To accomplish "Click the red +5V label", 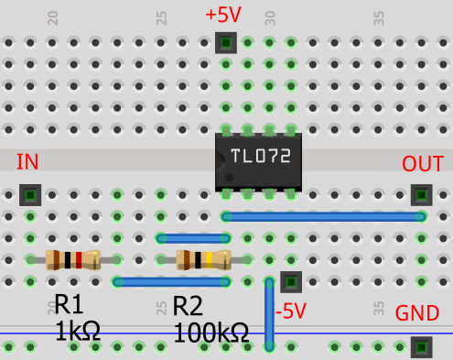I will (223, 16).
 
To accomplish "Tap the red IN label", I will (27, 162).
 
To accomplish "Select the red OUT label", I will (422, 164).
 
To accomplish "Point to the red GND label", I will (416, 313).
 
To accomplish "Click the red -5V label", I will (291, 310).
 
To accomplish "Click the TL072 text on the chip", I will (260, 156).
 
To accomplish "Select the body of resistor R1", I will (72, 260).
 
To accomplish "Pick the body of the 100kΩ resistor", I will (203, 260).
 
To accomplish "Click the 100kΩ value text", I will (210, 332).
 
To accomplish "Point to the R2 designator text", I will (188, 306).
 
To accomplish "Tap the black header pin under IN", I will (30, 195).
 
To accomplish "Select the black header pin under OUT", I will (421, 195).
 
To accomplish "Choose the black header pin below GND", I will (421, 347).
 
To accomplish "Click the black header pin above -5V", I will (291, 281).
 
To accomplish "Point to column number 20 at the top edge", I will (52, 17).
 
